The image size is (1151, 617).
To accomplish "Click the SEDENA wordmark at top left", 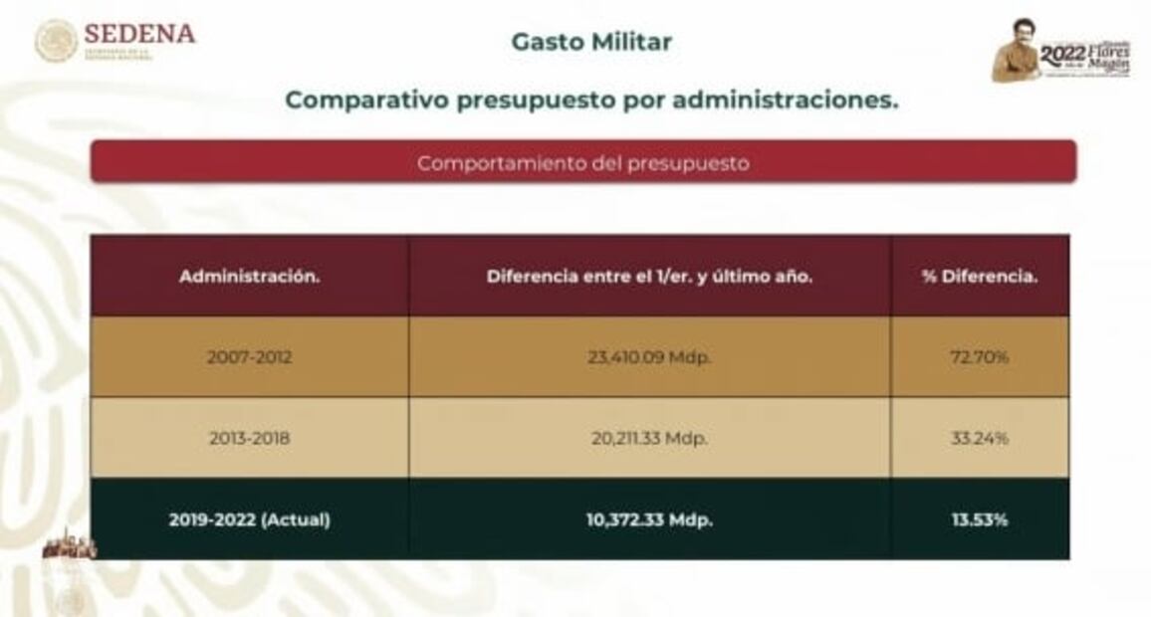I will (x=139, y=34).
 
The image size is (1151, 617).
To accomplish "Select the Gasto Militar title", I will (x=591, y=42).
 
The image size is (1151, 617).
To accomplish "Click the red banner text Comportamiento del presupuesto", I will (x=582, y=163).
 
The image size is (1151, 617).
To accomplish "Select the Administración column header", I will (x=249, y=277).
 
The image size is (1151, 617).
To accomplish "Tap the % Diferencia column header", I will (x=980, y=277).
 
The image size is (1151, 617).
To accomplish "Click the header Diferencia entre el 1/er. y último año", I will (x=649, y=277).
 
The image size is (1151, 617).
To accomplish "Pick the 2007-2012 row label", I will (x=249, y=357).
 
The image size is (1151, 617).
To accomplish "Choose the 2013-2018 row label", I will (x=249, y=438).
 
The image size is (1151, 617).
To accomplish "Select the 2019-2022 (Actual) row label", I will (x=249, y=518).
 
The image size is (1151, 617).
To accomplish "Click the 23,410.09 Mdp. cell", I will (x=649, y=357).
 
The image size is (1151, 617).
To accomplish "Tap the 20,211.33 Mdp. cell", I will (x=649, y=438).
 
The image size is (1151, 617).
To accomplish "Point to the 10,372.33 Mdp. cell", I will (x=649, y=518).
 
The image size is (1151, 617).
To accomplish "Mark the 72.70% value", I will (x=980, y=357).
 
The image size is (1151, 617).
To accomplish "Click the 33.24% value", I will (x=980, y=438).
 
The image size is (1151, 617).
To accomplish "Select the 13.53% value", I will (x=980, y=518).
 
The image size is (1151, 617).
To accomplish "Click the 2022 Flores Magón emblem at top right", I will (x=1061, y=52).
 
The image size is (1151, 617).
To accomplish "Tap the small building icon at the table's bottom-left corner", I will (x=70, y=546).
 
